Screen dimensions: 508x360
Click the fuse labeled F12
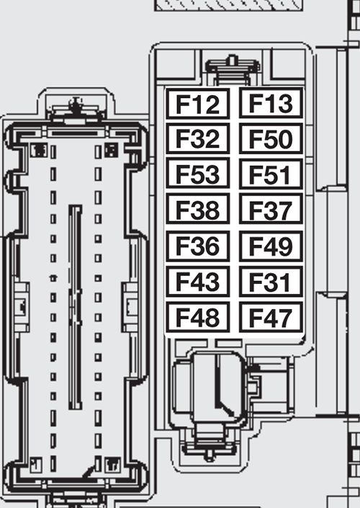[x=198, y=104]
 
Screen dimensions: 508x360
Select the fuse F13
[x=271, y=104]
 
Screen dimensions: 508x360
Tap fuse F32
[x=198, y=139]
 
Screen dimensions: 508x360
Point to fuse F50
[x=271, y=139]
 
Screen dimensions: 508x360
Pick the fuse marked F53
[x=198, y=174]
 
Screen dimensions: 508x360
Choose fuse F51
[x=271, y=174]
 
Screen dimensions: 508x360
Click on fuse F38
[x=198, y=210]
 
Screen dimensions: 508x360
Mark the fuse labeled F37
[x=271, y=210]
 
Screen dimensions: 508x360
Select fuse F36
[x=198, y=246]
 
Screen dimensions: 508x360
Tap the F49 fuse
[x=271, y=246]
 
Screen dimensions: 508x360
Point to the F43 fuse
[x=198, y=281]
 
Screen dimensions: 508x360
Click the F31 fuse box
[x=271, y=281]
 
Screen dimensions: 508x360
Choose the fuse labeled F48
[x=198, y=317]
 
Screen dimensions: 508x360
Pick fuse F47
[x=271, y=317]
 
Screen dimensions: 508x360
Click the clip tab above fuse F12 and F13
[x=232, y=68]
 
